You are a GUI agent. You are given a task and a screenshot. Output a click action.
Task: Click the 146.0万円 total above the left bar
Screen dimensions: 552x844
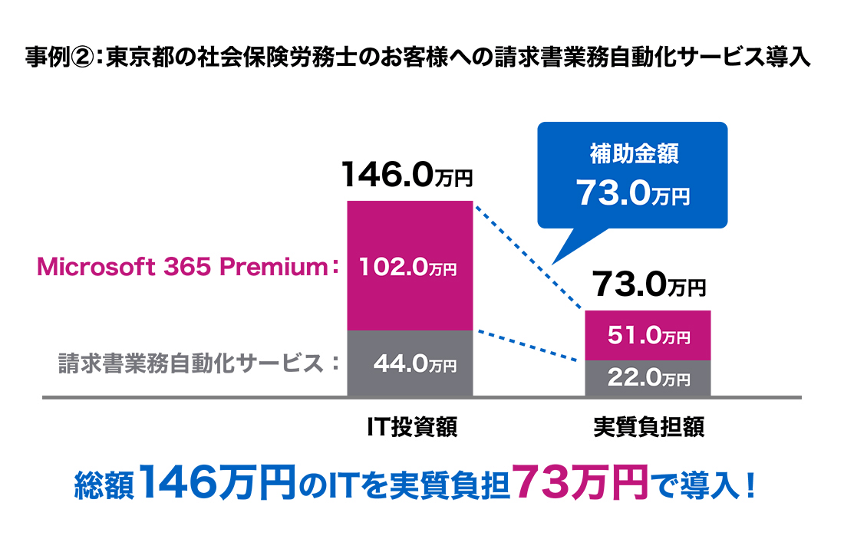(x=407, y=176)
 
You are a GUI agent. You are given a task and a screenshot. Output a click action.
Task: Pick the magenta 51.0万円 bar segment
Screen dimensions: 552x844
(x=648, y=335)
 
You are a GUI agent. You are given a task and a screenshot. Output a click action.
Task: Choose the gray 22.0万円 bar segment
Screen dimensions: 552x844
(x=648, y=378)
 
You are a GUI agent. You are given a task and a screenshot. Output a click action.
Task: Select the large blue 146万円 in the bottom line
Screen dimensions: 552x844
(x=219, y=482)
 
